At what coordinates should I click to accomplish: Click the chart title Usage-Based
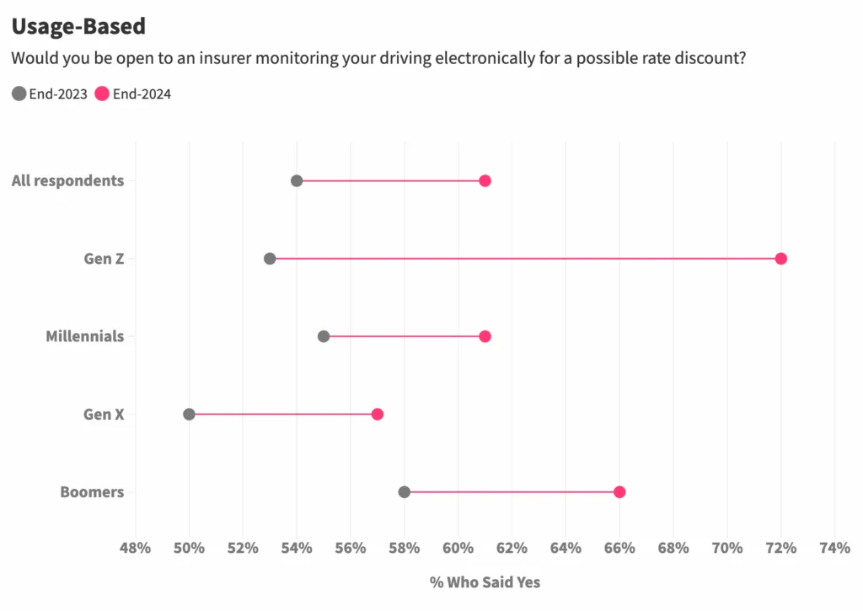(78, 26)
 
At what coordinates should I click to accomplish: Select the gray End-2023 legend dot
(19, 94)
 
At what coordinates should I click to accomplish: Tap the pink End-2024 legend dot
(102, 94)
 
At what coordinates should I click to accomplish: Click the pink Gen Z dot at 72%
(780, 258)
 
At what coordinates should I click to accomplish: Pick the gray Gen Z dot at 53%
(270, 258)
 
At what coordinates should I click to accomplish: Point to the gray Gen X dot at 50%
(189, 414)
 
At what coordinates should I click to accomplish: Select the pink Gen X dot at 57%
(378, 414)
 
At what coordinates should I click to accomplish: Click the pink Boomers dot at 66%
(619, 492)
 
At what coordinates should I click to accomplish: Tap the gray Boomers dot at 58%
(405, 492)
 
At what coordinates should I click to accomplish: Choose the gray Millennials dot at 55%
(324, 336)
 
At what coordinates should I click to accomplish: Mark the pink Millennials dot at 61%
(485, 336)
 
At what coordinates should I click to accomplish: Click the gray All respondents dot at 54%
(297, 180)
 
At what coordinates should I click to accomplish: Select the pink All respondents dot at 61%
(485, 180)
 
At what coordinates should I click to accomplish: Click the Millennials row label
(84, 336)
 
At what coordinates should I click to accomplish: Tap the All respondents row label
(67, 180)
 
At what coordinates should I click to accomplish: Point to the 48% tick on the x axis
(135, 548)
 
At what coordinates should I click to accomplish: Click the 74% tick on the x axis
(834, 548)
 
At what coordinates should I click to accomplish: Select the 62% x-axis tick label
(512, 548)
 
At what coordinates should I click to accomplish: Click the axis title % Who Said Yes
(485, 582)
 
